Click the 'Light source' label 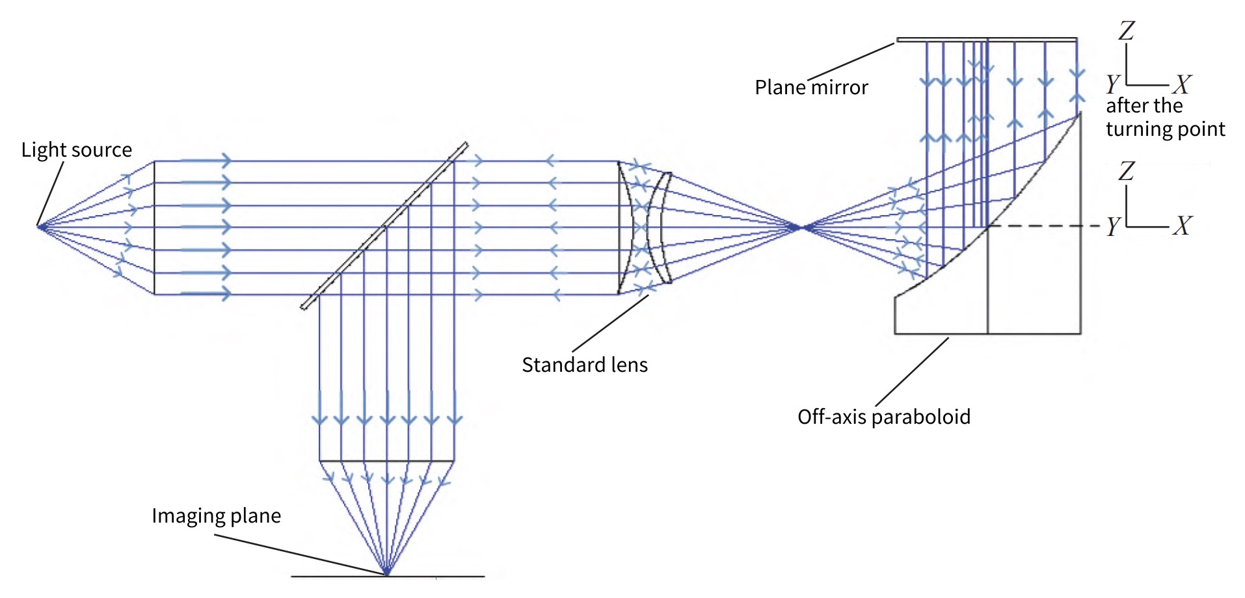point(77,150)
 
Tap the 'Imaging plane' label point(216,515)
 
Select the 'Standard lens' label point(584,365)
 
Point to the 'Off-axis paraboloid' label point(883,417)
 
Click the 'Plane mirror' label point(811,87)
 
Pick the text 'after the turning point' point(1164,118)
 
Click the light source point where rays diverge point(39,227)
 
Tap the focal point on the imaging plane point(386,573)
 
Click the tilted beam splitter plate point(384,226)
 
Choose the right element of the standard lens point(660,227)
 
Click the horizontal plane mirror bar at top point(986,40)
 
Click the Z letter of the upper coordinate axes point(1127,31)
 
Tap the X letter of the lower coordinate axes point(1182,226)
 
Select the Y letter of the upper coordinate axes point(1113,84)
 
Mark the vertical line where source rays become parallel point(154,227)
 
